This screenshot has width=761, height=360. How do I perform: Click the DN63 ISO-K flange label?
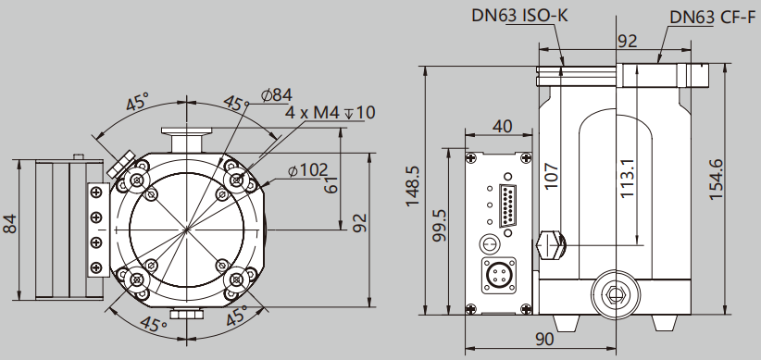519,15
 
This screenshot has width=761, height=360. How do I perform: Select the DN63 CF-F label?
713,17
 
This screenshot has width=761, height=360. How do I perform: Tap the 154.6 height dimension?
717,179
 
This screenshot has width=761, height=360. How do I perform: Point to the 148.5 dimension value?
413,186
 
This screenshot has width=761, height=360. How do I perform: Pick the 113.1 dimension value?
628,177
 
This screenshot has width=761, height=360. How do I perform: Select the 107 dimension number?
552,176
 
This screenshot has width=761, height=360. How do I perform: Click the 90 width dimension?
544,339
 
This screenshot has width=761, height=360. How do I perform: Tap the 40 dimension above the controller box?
502,126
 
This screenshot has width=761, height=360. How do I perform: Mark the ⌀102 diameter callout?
307,170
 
